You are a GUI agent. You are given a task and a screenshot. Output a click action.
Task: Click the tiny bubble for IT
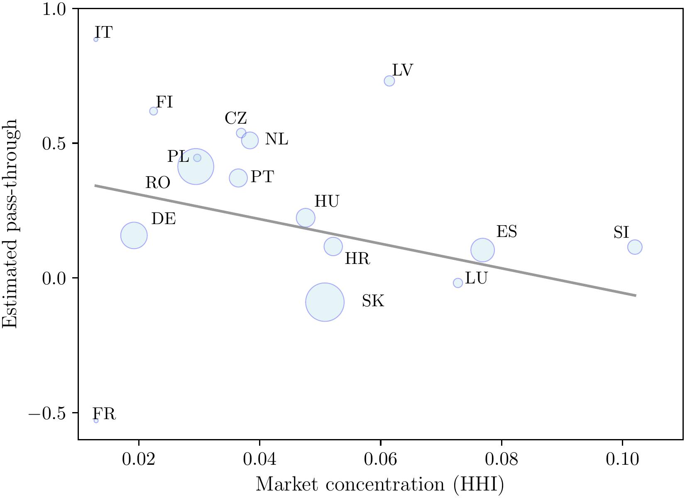coord(96,39)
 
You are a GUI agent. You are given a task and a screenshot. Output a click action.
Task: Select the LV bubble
coord(389,81)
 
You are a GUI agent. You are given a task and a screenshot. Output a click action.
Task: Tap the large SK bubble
coord(325,302)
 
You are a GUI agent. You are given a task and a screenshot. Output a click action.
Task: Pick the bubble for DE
coord(134,235)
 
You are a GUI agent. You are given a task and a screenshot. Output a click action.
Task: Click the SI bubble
coord(635,247)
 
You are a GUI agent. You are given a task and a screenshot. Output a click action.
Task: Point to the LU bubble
coord(457,283)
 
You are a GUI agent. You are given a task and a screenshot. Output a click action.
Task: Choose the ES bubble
coord(482,250)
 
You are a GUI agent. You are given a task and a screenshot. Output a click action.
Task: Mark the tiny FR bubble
coord(96,420)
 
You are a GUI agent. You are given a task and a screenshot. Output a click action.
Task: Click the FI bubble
coord(154,111)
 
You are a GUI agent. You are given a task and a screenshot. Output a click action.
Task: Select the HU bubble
coord(306,217)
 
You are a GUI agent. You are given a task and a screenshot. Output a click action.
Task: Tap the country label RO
coord(158,183)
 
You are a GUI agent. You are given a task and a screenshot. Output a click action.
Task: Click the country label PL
coord(178,157)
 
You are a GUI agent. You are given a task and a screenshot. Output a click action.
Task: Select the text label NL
coord(276,139)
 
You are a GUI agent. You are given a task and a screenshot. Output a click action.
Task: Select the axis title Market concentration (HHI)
coord(380,485)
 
